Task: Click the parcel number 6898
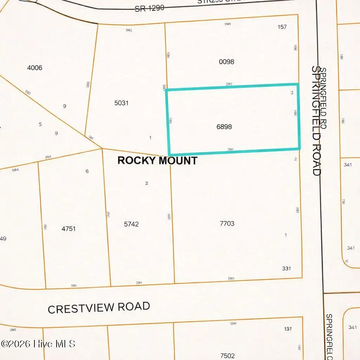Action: (x=224, y=127)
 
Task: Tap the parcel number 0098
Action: (x=226, y=62)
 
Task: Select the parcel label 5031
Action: (x=121, y=103)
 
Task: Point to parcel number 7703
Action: (x=227, y=224)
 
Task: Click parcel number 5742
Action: (x=131, y=224)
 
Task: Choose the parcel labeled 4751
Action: (x=69, y=229)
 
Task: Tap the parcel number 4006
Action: (x=34, y=68)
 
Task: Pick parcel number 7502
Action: (x=227, y=356)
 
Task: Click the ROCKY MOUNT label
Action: (x=157, y=161)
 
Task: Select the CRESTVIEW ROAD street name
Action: (x=99, y=308)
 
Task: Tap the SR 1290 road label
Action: (x=149, y=8)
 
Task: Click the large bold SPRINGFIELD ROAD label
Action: (x=316, y=121)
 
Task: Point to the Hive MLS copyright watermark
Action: (x=38, y=343)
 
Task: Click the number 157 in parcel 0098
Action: (x=282, y=27)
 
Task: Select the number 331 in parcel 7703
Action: (x=287, y=269)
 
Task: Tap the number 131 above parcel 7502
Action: (x=288, y=329)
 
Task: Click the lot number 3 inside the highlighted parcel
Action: (x=292, y=93)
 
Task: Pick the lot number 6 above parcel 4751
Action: (x=87, y=171)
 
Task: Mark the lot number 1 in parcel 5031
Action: (x=150, y=138)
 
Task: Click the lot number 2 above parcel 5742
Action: (x=147, y=183)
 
